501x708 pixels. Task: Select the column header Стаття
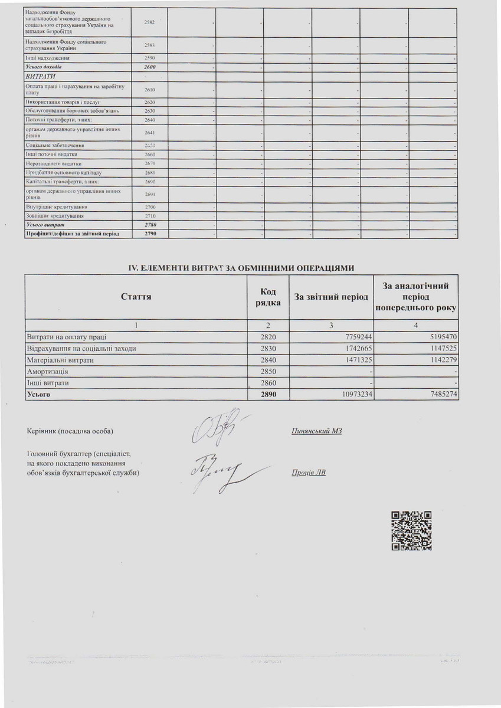[x=136, y=297]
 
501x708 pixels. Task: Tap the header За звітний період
[x=331, y=297]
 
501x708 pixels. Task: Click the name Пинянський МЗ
[x=317, y=431]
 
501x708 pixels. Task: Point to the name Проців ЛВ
[x=308, y=473]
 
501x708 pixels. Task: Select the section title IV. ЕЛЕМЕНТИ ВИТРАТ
[x=242, y=267]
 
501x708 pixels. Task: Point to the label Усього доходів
[x=44, y=68]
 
